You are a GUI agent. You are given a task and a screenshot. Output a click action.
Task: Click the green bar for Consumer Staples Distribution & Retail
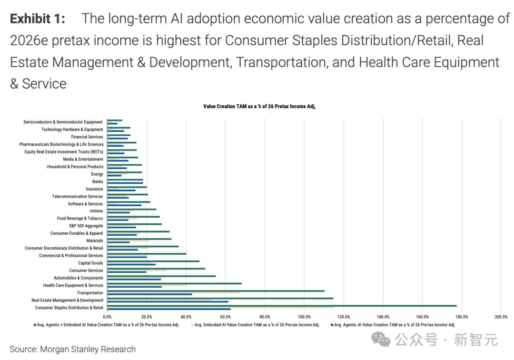pos(282,306)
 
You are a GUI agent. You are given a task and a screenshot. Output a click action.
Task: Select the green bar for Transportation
pos(216,291)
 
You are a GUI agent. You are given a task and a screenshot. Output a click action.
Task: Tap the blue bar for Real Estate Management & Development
pos(168,301)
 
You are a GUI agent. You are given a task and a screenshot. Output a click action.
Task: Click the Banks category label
pos(98,181)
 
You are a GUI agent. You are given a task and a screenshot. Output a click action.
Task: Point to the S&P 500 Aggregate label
pos(86,226)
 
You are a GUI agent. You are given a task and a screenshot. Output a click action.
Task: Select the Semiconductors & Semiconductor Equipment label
pos(63,122)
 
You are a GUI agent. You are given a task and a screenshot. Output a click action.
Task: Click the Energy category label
pos(97,174)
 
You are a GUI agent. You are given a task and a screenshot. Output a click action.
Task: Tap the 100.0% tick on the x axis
pos(304,317)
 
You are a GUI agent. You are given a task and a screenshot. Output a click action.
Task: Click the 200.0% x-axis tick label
pos(501,317)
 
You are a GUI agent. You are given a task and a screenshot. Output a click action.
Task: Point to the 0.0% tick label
pos(107,317)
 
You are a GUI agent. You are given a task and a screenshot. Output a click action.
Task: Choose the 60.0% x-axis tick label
pos(226,317)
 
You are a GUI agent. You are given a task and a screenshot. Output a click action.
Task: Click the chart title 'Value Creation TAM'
pos(259,106)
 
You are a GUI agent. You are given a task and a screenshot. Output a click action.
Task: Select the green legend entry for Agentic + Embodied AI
pos(106,325)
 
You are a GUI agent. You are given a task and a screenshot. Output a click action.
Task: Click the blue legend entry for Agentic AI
pos(393,325)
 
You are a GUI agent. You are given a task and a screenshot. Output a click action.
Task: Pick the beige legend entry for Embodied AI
pos(255,325)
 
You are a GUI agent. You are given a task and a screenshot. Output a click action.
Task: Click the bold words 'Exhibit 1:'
pos(38,19)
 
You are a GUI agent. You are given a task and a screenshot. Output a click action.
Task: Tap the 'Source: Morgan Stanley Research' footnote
pos(73,349)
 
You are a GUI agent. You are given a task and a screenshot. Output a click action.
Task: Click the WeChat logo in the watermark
pos(381,340)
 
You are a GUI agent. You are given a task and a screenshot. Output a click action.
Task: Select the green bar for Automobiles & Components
pos(161,276)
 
